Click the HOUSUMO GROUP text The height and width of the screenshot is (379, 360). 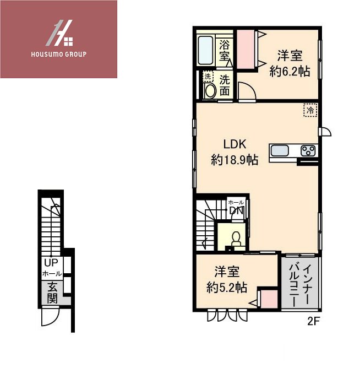tap(59, 55)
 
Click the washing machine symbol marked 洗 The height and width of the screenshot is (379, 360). tap(208, 76)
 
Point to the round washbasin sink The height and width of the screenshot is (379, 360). tap(209, 91)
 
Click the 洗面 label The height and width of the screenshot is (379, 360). tap(225, 85)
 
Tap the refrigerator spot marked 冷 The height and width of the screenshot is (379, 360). tap(310, 110)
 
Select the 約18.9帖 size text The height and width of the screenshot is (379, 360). tap(234, 160)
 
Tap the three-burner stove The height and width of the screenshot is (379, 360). tap(308, 151)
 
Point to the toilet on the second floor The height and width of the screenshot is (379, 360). tap(236, 238)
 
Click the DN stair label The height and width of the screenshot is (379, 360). tap(236, 210)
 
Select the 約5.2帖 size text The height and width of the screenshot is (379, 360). tap(226, 287)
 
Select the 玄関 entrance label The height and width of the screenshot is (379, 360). tap(52, 293)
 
